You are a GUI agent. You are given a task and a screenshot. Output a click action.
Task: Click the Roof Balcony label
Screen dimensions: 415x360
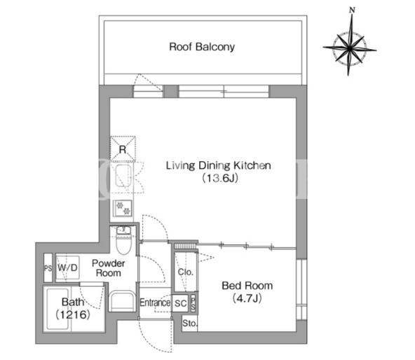pos(202,47)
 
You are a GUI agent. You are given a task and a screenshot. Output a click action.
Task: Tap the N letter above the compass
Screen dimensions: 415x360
pos(352,11)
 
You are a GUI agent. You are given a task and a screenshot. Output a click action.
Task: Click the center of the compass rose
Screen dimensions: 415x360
pos(350,48)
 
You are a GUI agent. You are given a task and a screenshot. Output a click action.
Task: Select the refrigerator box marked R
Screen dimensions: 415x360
pos(123,148)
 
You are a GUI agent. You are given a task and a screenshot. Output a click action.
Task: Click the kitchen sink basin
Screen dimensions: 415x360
pos(123,176)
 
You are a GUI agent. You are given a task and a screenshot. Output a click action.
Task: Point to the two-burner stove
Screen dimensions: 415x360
pos(123,208)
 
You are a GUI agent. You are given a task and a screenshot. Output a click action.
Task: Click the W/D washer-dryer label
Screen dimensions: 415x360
pos(67,268)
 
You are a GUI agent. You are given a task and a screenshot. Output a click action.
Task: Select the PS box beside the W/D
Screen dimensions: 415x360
pos(48,268)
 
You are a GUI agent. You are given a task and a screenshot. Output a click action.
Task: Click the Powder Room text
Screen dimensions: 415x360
pos(108,268)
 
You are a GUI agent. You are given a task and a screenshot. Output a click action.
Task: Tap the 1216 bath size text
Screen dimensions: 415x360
pos(73,314)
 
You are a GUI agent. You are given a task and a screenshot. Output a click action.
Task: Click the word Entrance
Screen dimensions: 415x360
pos(155,303)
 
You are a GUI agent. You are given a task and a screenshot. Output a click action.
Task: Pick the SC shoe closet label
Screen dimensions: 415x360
pos(180,303)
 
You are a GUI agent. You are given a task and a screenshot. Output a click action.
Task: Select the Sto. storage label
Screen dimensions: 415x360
pos(190,323)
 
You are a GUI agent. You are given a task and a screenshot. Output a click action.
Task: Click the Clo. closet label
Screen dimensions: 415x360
pos(185,272)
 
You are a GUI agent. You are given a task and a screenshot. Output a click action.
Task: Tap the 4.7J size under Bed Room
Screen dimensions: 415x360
pos(247,298)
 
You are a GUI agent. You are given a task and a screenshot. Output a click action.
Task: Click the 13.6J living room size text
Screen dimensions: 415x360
pos(220,178)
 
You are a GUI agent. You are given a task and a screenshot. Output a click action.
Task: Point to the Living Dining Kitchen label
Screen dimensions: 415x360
pos(218,165)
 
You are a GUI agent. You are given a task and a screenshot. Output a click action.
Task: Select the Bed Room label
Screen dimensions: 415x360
pos(247,286)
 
